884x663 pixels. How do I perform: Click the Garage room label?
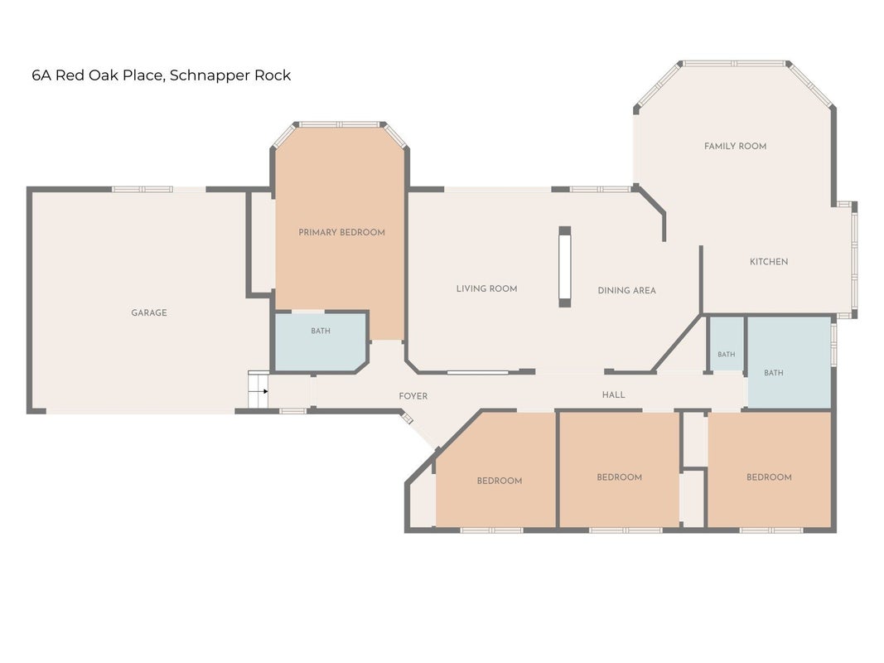pyautogui.click(x=149, y=312)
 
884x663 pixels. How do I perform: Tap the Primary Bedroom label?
pyautogui.click(x=341, y=232)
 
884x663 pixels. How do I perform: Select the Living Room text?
pyautogui.click(x=486, y=288)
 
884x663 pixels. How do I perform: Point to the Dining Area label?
pyautogui.click(x=626, y=290)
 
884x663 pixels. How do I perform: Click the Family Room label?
pyautogui.click(x=735, y=146)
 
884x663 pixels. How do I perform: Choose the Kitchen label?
pyautogui.click(x=769, y=262)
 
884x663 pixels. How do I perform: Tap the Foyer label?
pyautogui.click(x=413, y=396)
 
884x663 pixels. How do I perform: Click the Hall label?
pyautogui.click(x=613, y=394)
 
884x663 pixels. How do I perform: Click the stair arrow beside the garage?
pyautogui.click(x=263, y=391)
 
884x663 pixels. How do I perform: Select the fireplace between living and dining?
pyautogui.click(x=565, y=267)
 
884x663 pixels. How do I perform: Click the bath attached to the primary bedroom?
pyautogui.click(x=321, y=341)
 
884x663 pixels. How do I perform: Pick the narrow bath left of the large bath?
pyautogui.click(x=726, y=344)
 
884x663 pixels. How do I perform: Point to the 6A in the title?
pyautogui.click(x=41, y=75)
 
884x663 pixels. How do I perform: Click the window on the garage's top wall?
pyautogui.click(x=142, y=190)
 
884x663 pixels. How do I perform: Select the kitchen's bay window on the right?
pyautogui.click(x=855, y=260)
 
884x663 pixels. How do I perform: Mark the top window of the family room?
pyautogui.click(x=734, y=64)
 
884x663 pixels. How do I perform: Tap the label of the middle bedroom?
pyautogui.click(x=619, y=477)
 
